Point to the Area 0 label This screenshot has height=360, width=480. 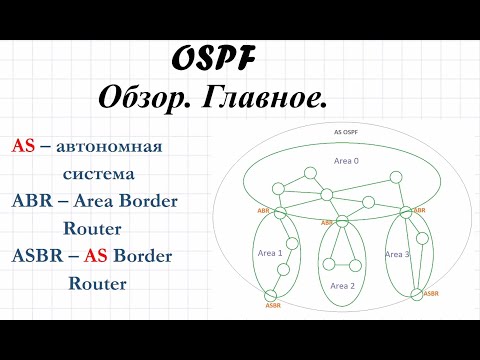tap(347, 160)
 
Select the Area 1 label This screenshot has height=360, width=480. tap(269, 254)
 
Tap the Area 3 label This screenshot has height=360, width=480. tap(397, 254)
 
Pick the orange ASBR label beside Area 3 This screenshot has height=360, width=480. tap(431, 293)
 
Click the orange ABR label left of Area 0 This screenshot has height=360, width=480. tap(264, 211)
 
